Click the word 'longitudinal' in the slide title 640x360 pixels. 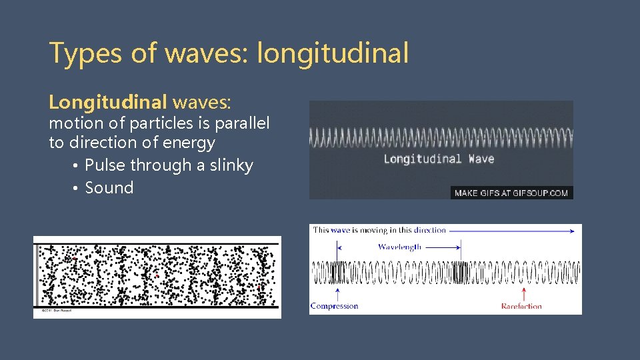pos(333,53)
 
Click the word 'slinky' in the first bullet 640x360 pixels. pos(231,165)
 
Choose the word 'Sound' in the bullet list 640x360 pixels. pos(109,188)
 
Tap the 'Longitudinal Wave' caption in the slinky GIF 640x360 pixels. pos(439,159)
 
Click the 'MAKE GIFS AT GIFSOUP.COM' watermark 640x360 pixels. pos(511,193)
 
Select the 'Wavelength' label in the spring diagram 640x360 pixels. pos(399,247)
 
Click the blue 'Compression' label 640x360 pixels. pos(334,306)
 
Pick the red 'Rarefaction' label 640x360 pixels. pos(521,306)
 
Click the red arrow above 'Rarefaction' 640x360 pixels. pos(523,293)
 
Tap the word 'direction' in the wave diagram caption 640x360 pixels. pos(429,230)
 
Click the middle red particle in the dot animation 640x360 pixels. pos(156,275)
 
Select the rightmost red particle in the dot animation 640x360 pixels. pos(259,287)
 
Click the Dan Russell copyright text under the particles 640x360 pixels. pos(57,311)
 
